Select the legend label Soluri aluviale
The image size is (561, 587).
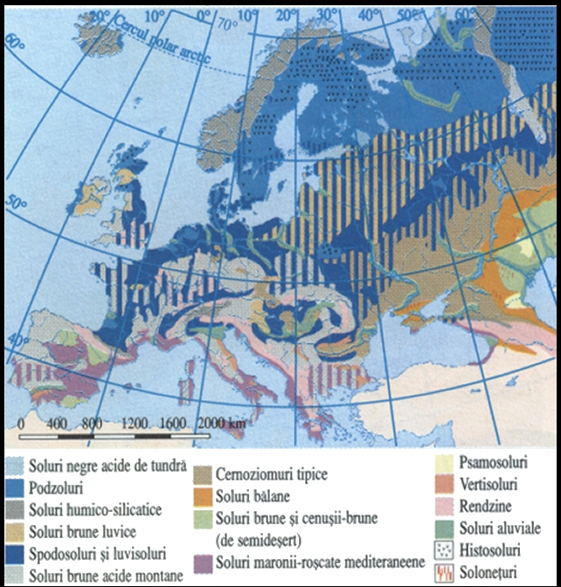click(498, 528)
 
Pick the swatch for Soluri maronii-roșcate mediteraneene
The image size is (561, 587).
click(202, 560)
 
